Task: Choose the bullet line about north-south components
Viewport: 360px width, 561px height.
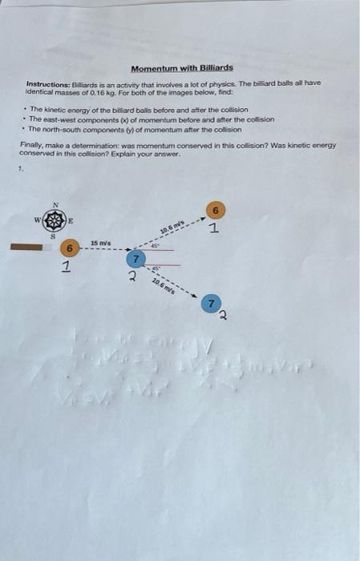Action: (x=140, y=127)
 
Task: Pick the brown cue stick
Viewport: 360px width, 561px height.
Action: (x=32, y=248)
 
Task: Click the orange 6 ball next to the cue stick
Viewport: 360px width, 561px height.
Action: (x=71, y=248)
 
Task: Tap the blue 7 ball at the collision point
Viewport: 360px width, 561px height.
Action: (x=137, y=259)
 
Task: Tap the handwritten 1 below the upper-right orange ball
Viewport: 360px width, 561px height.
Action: (x=214, y=229)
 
